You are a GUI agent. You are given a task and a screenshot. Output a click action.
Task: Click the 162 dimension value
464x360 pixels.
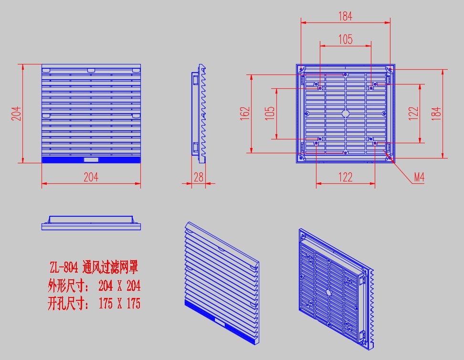pos(245,113)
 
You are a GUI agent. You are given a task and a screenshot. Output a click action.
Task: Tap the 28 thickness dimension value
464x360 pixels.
pos(199,177)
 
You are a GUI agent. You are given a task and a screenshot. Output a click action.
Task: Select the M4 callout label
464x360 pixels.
pos(419,177)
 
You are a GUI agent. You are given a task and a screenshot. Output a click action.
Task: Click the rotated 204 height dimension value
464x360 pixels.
pos(16,113)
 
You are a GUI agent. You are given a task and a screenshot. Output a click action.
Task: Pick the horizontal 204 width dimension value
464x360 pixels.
pos(91,177)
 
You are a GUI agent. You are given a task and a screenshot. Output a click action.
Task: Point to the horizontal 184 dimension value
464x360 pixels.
pos(345,16)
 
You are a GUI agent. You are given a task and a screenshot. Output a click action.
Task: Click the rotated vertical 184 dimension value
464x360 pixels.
pos(436,113)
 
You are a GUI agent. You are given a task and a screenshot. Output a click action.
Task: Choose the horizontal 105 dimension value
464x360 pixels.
pos(345,39)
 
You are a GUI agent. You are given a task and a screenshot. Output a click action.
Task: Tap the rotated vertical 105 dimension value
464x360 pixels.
pos(270,113)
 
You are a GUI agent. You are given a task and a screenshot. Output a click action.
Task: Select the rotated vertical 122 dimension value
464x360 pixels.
pos(413,113)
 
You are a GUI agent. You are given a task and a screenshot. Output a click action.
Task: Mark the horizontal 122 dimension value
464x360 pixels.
pos(345,177)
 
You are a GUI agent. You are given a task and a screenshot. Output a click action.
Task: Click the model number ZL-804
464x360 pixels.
pos(63,267)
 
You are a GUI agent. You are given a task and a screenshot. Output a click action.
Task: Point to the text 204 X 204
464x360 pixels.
pos(119,286)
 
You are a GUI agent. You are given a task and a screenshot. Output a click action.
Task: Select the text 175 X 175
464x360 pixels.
pos(119,304)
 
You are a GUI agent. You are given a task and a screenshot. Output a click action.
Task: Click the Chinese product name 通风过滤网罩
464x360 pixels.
pos(110,267)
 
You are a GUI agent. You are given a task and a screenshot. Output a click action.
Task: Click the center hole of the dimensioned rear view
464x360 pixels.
pos(345,113)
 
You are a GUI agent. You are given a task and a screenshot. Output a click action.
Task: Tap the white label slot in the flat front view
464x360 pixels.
pos(91,160)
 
